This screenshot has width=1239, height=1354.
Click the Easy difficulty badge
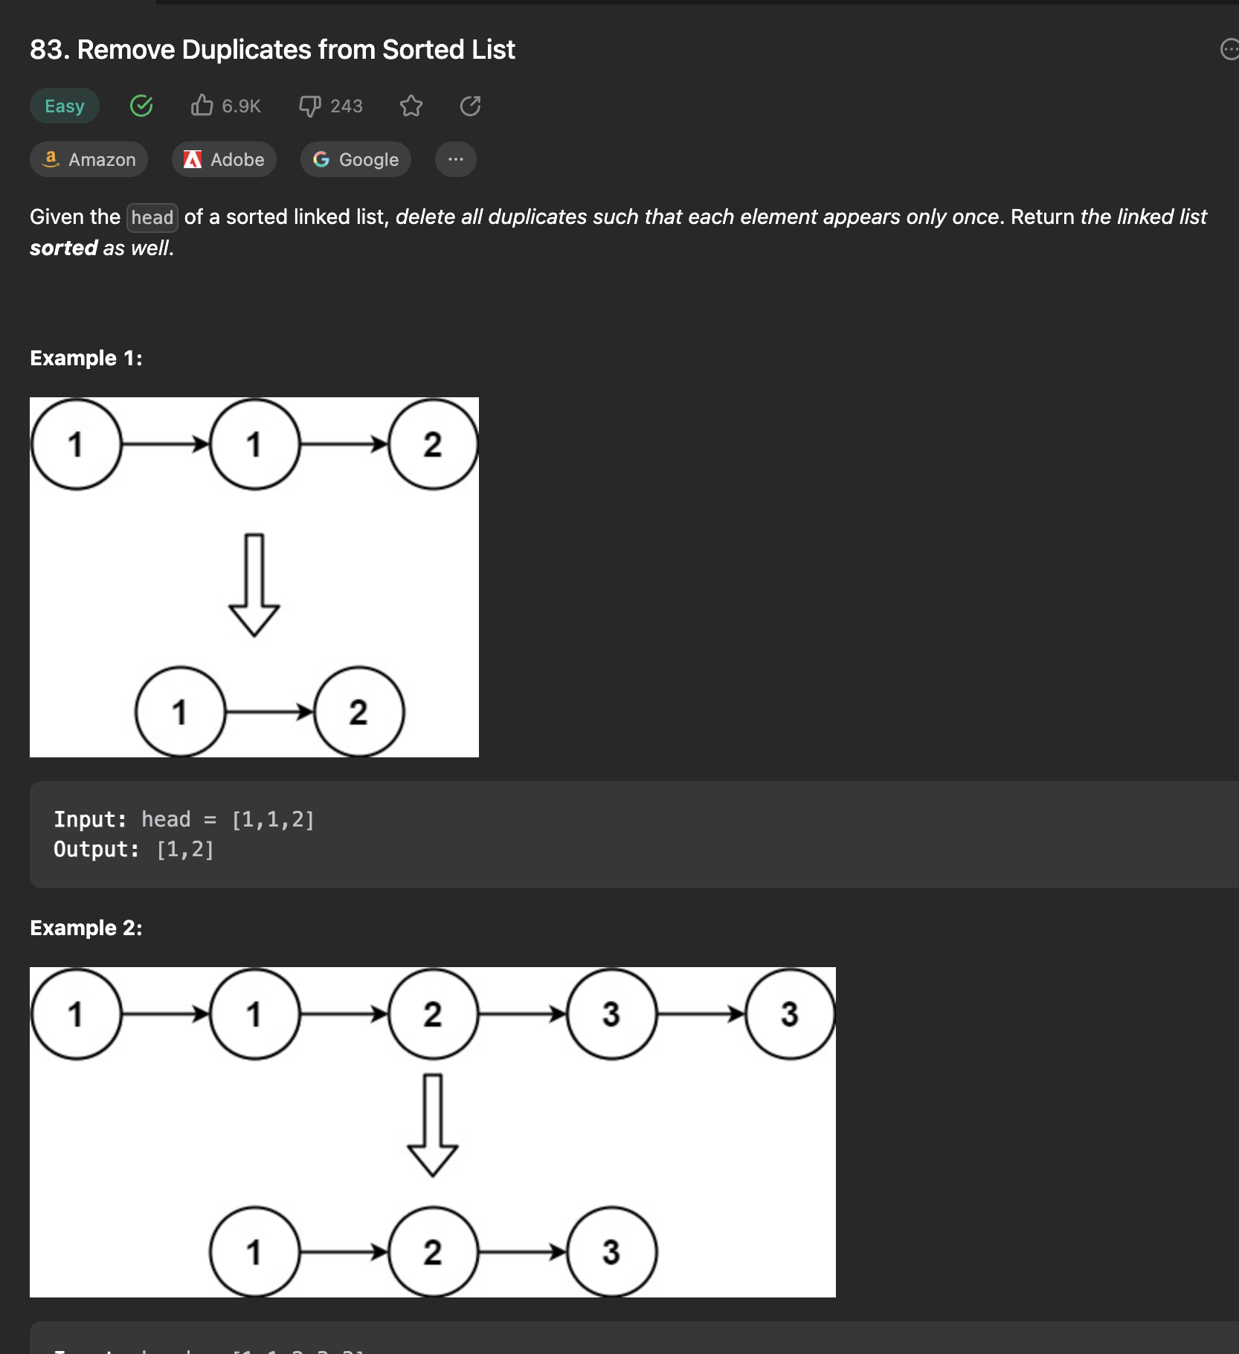(65, 106)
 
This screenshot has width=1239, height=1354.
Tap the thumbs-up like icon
(202, 106)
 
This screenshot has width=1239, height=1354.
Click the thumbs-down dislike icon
(310, 106)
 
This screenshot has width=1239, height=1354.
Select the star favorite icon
(411, 106)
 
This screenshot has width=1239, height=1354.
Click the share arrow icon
(471, 106)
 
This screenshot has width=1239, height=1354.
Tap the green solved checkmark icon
(141, 106)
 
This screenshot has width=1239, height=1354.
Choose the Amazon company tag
(88, 159)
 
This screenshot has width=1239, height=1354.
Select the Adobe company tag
(224, 159)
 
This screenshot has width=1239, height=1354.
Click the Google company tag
(355, 159)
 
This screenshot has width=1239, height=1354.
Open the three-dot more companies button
(456, 159)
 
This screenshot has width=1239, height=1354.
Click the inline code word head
(152, 217)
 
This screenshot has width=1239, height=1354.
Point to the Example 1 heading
(86, 358)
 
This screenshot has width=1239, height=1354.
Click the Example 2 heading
(86, 928)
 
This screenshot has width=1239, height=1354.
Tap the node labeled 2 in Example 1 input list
(434, 444)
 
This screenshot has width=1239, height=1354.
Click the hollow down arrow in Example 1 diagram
(254, 585)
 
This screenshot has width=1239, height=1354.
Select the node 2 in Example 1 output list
(359, 712)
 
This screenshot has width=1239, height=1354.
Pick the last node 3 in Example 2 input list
(791, 1014)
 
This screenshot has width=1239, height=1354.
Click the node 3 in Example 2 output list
(612, 1252)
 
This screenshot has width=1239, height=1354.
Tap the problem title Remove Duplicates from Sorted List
(296, 50)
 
